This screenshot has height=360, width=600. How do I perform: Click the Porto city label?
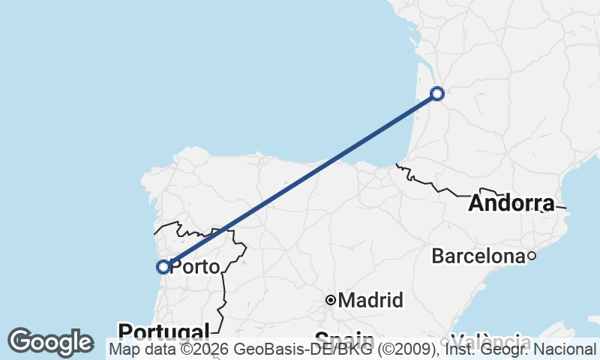(x=195, y=267)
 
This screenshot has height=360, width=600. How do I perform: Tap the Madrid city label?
(x=370, y=301)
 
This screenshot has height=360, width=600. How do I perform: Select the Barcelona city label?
(x=478, y=256)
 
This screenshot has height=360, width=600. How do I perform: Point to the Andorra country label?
(x=511, y=203)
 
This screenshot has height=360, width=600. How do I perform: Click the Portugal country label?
(x=163, y=331)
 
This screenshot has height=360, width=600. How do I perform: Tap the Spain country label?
(x=344, y=337)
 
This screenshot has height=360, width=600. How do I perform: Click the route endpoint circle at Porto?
(x=163, y=266)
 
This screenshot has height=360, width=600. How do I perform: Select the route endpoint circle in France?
(x=437, y=94)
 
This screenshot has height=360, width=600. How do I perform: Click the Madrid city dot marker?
(x=330, y=300)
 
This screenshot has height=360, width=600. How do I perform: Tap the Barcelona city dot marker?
(x=531, y=256)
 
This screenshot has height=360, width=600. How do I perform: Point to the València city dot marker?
(x=444, y=342)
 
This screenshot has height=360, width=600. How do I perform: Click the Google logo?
(x=50, y=342)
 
